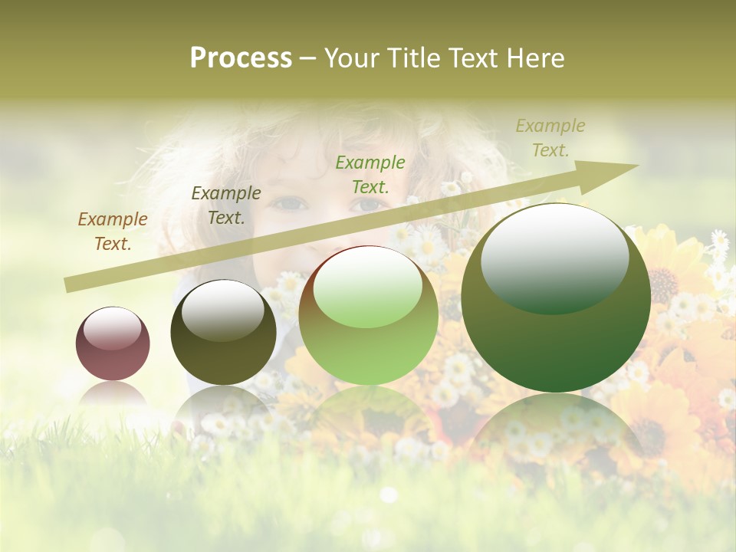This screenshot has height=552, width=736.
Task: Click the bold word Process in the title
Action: click(241, 58)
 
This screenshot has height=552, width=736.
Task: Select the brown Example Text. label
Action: click(113, 232)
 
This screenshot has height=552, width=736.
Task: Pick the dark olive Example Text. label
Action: click(226, 205)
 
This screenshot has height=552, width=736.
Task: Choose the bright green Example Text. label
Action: click(370, 174)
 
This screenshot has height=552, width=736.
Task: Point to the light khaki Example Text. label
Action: click(550, 138)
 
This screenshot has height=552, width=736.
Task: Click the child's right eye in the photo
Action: click(368, 204)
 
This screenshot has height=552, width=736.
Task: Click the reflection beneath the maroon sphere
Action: click(113, 396)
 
